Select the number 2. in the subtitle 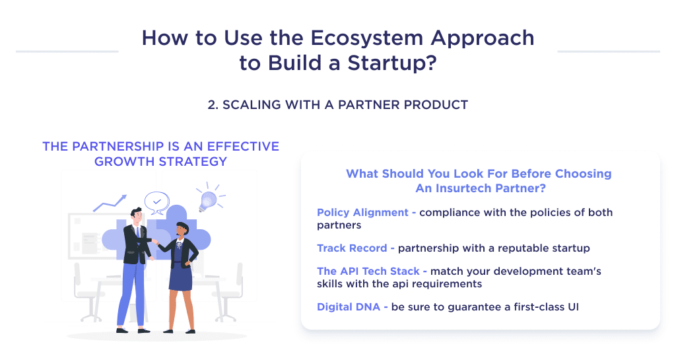(213, 105)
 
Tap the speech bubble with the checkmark (156, 201)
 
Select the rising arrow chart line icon (110, 201)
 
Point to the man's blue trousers (131, 291)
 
